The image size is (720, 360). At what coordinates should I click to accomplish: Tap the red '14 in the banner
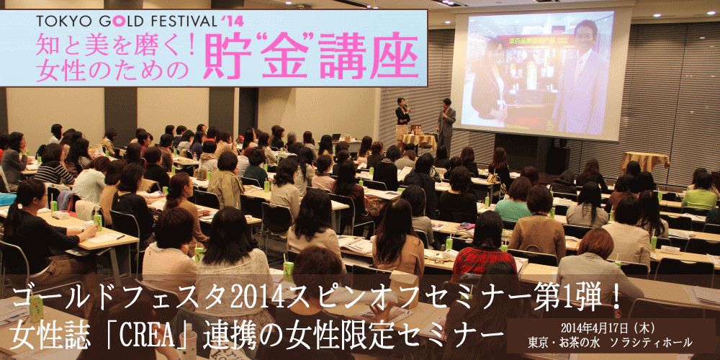tap(233, 21)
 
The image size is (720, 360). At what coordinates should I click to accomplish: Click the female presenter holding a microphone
tap(402, 117)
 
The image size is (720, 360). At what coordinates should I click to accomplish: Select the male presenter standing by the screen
tap(446, 122)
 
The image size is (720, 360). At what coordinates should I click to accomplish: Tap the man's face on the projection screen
tap(585, 37)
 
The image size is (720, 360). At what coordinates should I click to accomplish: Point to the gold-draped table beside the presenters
tap(418, 141)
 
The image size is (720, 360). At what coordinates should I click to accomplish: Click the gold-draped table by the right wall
tap(644, 161)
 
